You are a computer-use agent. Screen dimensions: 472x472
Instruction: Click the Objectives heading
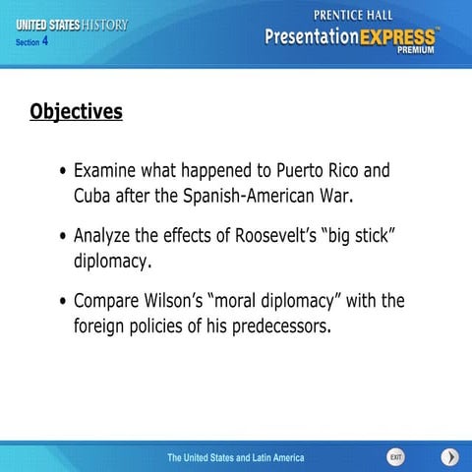(x=77, y=110)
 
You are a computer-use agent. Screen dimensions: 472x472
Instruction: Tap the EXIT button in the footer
(x=395, y=457)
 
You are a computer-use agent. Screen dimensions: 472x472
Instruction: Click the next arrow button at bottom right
(x=449, y=457)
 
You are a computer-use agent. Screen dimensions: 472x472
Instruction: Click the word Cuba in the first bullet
(x=94, y=195)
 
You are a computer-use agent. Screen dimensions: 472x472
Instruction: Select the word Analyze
(x=109, y=237)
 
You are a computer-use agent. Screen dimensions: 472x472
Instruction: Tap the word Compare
(x=112, y=300)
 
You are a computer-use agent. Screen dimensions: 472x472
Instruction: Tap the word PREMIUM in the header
(x=417, y=56)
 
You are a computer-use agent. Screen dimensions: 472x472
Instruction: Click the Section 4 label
(x=32, y=42)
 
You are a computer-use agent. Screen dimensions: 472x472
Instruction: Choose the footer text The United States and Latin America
(x=235, y=457)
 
